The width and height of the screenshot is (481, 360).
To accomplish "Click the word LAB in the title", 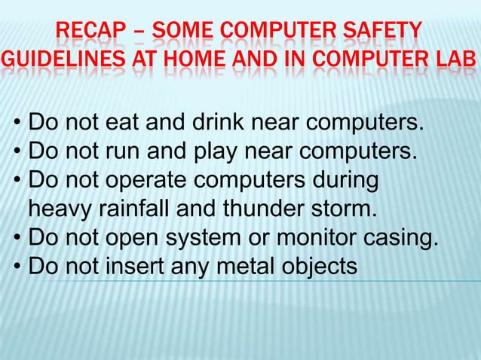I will tap(457, 60).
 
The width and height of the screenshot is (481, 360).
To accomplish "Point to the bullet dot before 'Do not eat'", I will tap(17, 122).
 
